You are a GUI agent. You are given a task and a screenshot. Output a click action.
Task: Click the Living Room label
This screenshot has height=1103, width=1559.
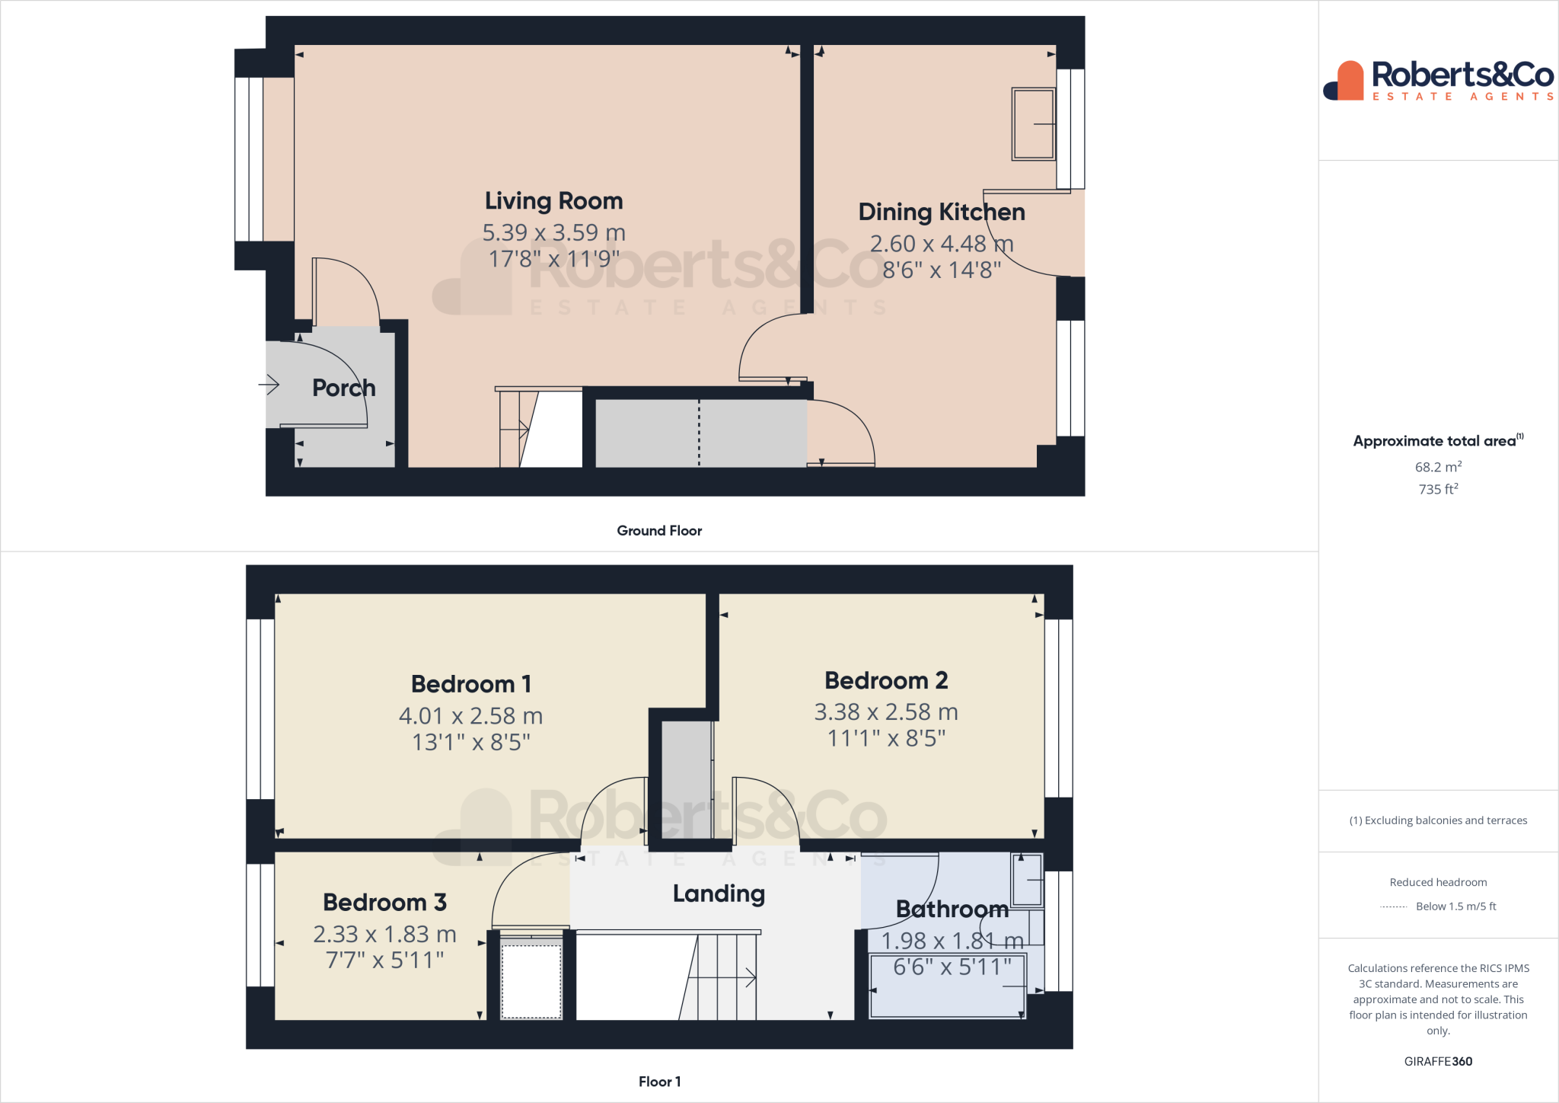pyautogui.click(x=553, y=201)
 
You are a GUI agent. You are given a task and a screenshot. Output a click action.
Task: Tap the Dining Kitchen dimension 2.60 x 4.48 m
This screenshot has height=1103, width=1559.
pyautogui.click(x=941, y=244)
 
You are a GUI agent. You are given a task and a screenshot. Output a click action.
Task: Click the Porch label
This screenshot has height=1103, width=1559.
pyautogui.click(x=343, y=388)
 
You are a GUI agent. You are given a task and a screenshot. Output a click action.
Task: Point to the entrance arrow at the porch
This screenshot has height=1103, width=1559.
pyautogui.click(x=269, y=385)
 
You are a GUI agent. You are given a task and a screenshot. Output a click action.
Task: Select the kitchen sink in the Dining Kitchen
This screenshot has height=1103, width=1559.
pyautogui.click(x=1033, y=123)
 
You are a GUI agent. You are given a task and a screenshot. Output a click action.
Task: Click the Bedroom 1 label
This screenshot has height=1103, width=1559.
pyautogui.click(x=471, y=684)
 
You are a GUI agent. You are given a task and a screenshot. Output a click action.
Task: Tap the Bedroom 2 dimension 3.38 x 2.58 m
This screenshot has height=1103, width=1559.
pyautogui.click(x=886, y=712)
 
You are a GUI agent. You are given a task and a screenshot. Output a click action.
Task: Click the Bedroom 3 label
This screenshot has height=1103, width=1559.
pyautogui.click(x=384, y=903)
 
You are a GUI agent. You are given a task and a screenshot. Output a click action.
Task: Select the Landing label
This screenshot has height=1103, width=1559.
pyautogui.click(x=719, y=894)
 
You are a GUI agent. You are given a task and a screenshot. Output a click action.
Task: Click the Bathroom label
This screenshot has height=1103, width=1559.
pyautogui.click(x=952, y=909)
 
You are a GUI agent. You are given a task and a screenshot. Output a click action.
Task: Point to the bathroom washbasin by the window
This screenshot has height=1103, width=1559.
pyautogui.click(x=1027, y=880)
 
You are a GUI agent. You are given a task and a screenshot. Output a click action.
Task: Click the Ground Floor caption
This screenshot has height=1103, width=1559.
pyautogui.click(x=659, y=531)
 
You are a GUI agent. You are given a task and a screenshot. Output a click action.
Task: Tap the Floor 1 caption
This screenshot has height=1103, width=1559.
pyautogui.click(x=659, y=1082)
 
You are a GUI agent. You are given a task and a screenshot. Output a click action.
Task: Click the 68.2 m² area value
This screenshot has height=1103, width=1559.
pyautogui.click(x=1437, y=467)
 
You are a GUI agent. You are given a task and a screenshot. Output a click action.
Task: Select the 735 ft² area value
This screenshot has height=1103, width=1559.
pyautogui.click(x=1437, y=489)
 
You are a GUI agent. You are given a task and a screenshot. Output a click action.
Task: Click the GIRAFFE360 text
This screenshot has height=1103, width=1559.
pyautogui.click(x=1437, y=1061)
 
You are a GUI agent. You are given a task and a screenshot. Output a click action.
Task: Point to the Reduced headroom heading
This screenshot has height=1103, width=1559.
pyautogui.click(x=1437, y=882)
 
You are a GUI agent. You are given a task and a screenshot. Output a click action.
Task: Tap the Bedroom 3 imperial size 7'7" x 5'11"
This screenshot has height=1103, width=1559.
pyautogui.click(x=384, y=961)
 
